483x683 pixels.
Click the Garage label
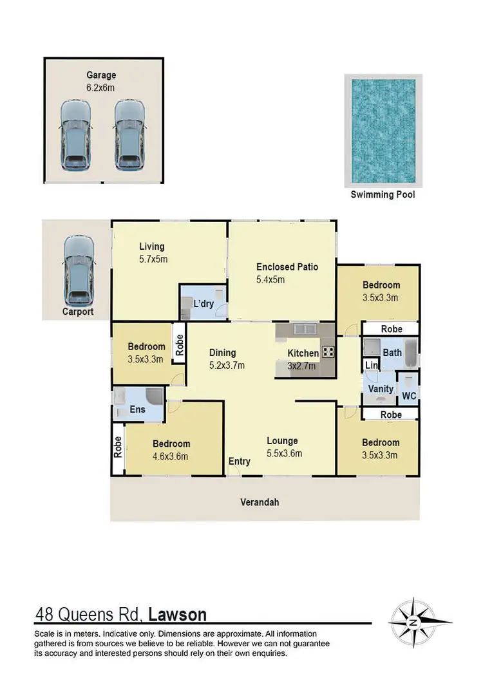(x=102, y=75)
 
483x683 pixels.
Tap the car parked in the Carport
(x=79, y=270)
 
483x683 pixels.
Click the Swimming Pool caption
(x=383, y=194)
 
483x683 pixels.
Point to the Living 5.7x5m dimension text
(x=153, y=259)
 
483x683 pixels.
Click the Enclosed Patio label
(x=287, y=267)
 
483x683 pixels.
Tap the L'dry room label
(x=204, y=304)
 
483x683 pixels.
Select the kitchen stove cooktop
(x=328, y=352)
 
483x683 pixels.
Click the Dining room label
(x=223, y=353)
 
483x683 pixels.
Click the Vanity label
(x=381, y=389)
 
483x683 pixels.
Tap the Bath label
(x=392, y=353)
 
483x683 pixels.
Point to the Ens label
(x=138, y=409)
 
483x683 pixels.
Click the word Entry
(x=240, y=462)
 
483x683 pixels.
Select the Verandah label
(x=260, y=502)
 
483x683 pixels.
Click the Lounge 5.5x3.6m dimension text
(x=284, y=453)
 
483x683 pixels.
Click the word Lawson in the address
(x=177, y=615)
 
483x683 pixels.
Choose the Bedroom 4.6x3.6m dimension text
(x=170, y=456)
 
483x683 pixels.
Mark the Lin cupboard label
(x=371, y=366)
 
